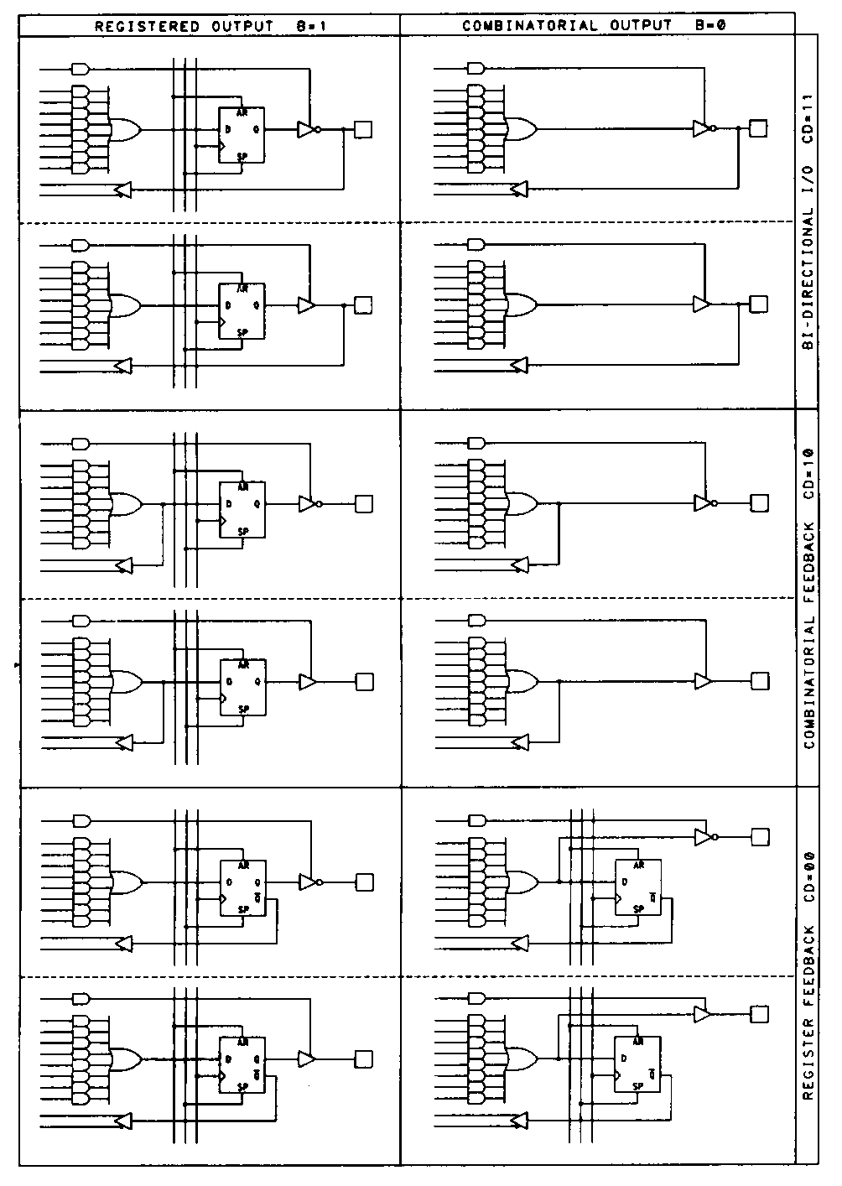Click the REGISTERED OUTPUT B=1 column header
click(x=210, y=25)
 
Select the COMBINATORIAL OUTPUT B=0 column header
click(x=594, y=25)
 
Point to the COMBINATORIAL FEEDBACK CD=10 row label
click(x=808, y=597)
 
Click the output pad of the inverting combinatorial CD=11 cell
click(x=757, y=128)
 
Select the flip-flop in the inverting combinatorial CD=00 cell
click(x=637, y=887)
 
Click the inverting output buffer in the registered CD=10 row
click(x=309, y=504)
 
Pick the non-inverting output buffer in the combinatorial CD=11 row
click(x=701, y=304)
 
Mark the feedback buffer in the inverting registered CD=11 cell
click(x=123, y=190)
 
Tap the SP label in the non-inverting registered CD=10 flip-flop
click(x=242, y=709)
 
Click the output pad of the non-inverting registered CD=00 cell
click(x=363, y=1059)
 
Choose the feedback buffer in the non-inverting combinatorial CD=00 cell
click(x=520, y=1121)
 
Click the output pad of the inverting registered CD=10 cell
click(x=363, y=504)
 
